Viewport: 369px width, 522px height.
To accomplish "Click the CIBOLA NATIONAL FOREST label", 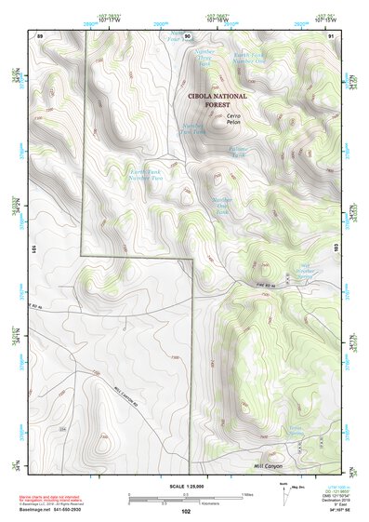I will [217, 100].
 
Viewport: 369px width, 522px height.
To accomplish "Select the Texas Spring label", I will [296, 432].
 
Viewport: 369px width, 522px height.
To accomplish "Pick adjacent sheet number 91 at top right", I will [330, 35].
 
